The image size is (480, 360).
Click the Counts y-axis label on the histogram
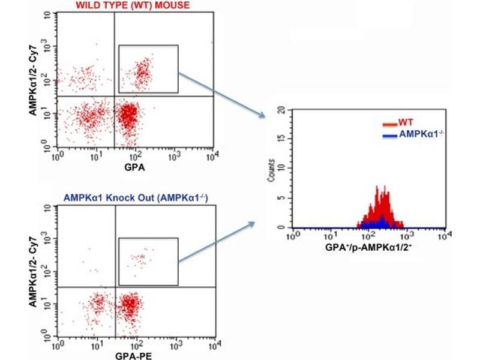coord(271,170)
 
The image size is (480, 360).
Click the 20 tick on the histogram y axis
coord(281,110)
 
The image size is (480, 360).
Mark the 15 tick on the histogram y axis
coord(281,140)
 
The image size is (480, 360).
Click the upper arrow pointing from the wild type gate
coord(222,95)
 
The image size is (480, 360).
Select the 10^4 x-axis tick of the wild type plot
coord(212,156)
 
